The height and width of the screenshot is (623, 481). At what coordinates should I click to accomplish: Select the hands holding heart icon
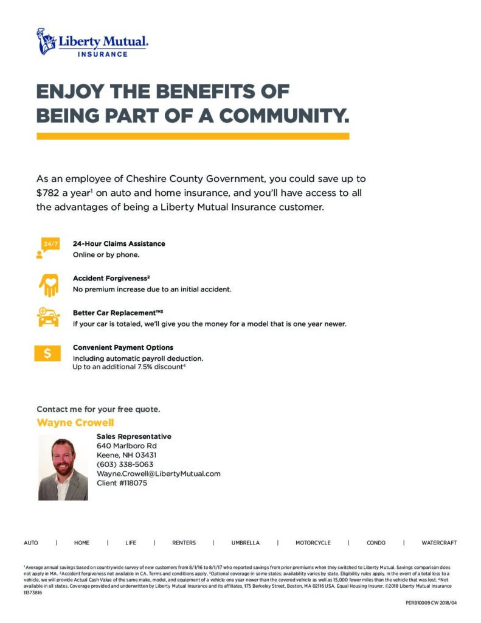(48, 284)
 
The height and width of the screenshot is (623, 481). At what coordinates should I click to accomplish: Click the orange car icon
(48, 318)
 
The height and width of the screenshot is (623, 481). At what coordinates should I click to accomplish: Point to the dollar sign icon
(47, 353)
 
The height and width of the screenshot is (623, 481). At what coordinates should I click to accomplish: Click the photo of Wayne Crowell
(63, 467)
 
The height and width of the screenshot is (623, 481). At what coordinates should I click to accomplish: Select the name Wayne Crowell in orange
(75, 423)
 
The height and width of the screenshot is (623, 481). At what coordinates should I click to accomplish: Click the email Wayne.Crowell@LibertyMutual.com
(158, 473)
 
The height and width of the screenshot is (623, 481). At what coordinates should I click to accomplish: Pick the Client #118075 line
(122, 483)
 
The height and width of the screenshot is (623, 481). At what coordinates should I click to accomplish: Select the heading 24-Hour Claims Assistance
(119, 243)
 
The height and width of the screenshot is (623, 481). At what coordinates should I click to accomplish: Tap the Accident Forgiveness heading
(111, 278)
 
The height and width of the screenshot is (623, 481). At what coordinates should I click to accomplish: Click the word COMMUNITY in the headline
(284, 115)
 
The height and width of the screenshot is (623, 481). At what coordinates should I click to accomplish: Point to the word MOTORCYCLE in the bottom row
(313, 543)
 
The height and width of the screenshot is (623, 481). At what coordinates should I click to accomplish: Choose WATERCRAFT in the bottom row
(439, 543)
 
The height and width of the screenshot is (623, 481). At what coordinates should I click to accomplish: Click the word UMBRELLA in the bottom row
(245, 543)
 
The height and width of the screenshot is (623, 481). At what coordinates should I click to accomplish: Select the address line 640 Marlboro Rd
(126, 445)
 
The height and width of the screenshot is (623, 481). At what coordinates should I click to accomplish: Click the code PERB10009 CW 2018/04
(431, 602)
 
